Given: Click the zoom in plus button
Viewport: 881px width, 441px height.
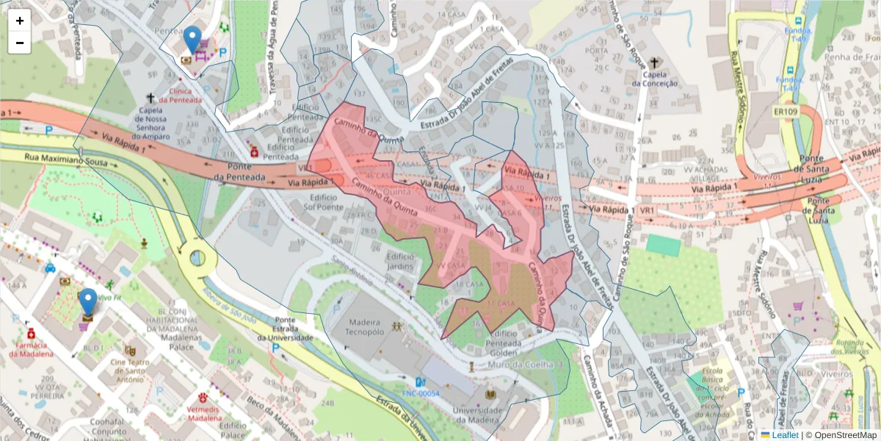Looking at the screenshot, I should (20, 21).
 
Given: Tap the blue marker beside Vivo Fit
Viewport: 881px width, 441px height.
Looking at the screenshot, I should (88, 302).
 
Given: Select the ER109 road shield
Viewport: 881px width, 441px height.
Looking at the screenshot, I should (785, 112).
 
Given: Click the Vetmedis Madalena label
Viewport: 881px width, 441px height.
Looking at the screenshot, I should (198, 413).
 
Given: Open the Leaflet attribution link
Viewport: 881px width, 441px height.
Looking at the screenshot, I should (784, 435).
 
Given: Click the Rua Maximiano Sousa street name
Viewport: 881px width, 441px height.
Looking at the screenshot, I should (66, 157).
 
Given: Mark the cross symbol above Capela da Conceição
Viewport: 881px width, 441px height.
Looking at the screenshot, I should (653, 62).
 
